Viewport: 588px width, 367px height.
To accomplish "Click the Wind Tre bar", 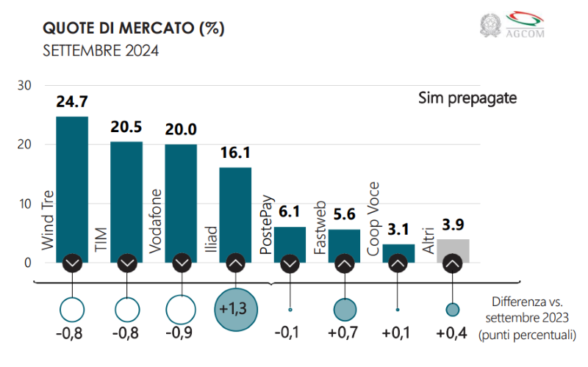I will click(x=72, y=183).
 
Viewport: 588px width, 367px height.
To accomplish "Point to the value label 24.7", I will click(x=72, y=101).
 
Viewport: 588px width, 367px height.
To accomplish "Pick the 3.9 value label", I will click(x=453, y=225).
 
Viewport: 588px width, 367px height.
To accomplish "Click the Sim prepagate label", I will click(x=468, y=97).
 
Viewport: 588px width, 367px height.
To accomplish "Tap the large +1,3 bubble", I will click(x=235, y=310).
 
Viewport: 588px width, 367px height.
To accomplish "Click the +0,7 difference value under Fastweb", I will click(x=344, y=334).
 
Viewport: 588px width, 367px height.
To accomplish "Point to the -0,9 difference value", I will click(x=181, y=334).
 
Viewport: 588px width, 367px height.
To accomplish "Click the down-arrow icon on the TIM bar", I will click(x=126, y=262).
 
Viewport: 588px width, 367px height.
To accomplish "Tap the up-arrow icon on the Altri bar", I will click(x=453, y=262).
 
